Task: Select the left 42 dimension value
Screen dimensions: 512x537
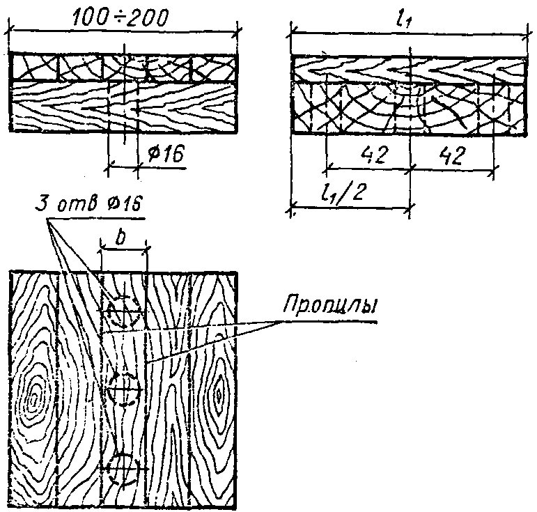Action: (x=376, y=155)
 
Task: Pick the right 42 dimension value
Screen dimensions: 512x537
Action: (x=453, y=155)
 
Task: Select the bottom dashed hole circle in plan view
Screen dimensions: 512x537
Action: (x=123, y=468)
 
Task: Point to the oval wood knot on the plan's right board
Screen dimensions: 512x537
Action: (x=219, y=395)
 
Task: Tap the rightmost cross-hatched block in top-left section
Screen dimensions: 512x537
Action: (x=212, y=68)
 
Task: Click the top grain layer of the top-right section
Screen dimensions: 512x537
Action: (x=408, y=69)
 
